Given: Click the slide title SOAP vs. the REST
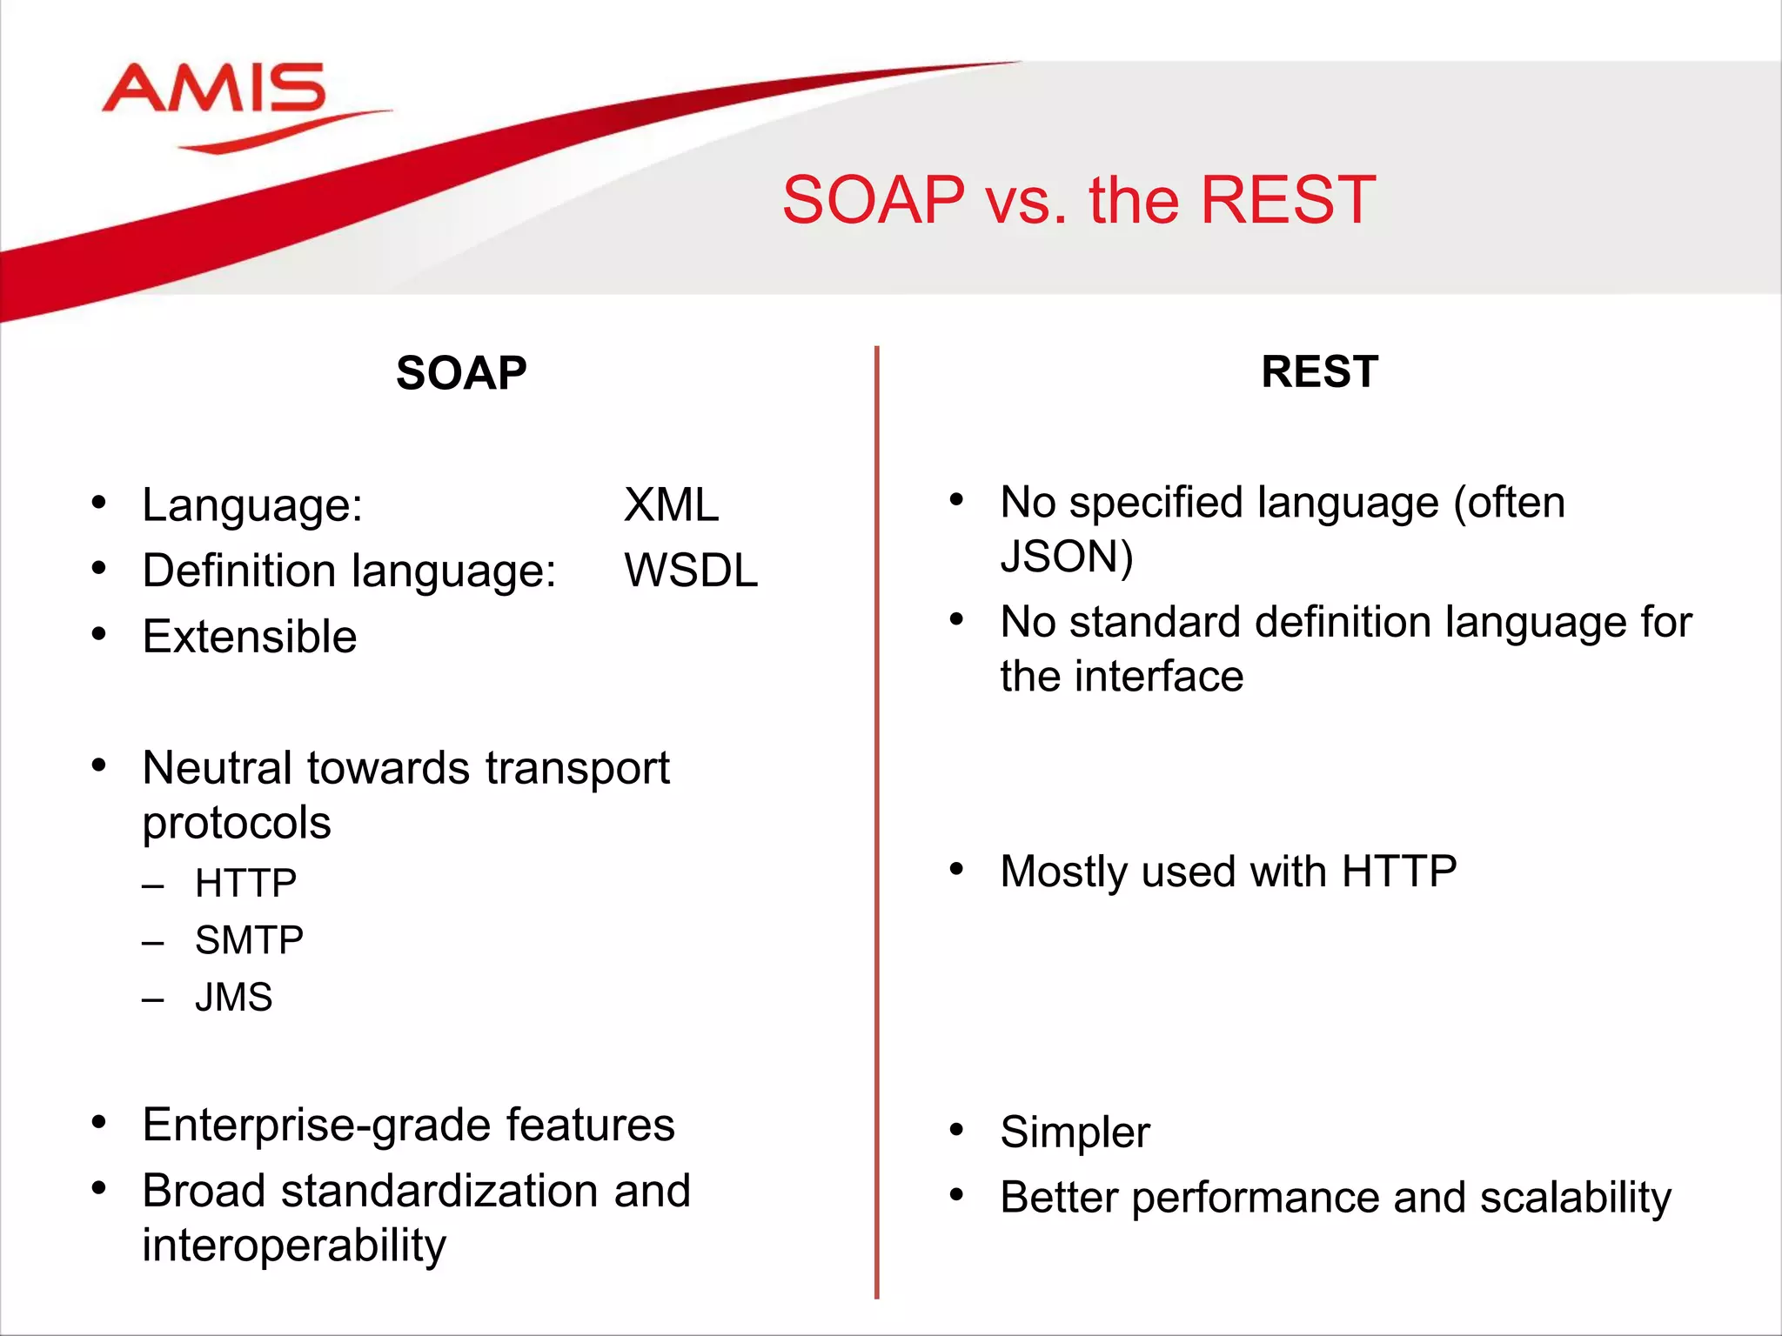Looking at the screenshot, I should click(1078, 200).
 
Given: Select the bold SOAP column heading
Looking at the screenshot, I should click(461, 373).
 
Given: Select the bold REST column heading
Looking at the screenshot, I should click(1319, 372).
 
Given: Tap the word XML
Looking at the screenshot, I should click(671, 504).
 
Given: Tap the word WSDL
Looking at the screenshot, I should click(691, 571).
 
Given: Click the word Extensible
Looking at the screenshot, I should click(250, 637).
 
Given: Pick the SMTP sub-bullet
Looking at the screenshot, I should click(249, 940).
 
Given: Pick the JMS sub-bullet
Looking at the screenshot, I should click(233, 997).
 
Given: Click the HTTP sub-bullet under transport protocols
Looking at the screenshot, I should click(245, 883).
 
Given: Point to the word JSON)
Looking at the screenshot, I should click(1067, 557).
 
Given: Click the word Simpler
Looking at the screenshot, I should click(1075, 1132).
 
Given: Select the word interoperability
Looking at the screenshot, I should click(294, 1246).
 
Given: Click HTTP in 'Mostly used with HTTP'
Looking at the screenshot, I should click(1398, 871).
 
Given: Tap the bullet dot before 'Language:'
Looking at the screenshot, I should click(98, 502).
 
